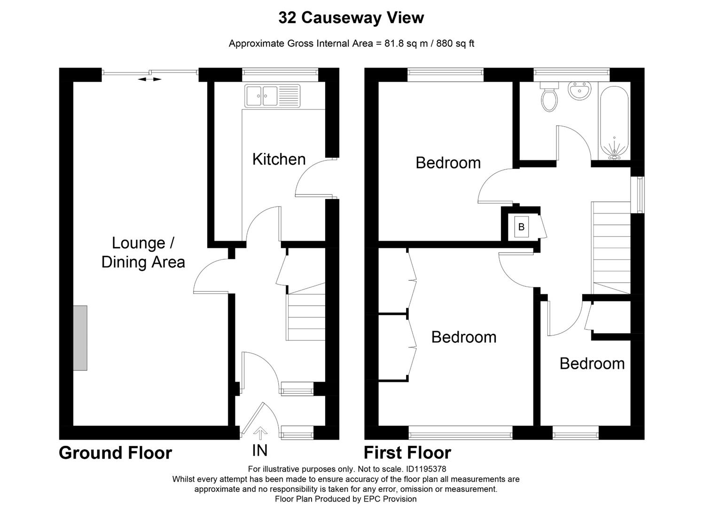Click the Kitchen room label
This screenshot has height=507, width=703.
[279, 160]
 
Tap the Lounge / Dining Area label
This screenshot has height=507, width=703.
[143, 253]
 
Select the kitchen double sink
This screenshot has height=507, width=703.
[272, 96]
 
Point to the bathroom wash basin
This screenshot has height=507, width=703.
[579, 91]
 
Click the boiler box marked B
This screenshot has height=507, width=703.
[521, 227]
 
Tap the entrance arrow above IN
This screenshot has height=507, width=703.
[259, 432]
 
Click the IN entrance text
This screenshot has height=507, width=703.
[259, 451]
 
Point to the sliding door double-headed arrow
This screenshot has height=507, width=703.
[149, 79]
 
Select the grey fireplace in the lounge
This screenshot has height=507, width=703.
[80, 338]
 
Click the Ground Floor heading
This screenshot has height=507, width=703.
[115, 453]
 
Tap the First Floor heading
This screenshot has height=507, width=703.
[407, 453]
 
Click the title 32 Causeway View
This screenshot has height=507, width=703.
[351, 18]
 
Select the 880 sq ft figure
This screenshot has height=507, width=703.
[455, 44]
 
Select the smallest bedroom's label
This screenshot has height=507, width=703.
[592, 364]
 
